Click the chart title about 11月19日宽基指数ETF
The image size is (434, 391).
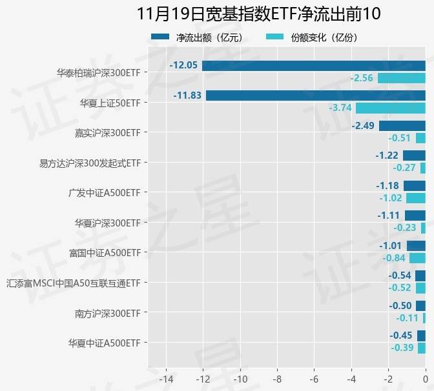coord(259,14)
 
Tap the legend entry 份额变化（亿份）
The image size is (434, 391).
coord(324,37)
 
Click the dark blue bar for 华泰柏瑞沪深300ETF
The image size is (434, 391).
coord(313,66)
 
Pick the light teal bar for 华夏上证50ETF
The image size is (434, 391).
coord(390,108)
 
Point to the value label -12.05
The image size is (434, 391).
coord(183,66)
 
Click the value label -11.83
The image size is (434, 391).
coord(187,95)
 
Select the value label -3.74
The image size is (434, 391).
coord(340,108)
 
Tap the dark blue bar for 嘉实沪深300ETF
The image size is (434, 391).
coord(402,125)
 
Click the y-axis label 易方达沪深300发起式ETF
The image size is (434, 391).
coord(90,163)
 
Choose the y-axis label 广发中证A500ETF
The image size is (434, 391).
coord(104,192)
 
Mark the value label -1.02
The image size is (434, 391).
coord(390,198)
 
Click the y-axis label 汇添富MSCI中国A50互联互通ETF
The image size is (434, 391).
coord(73,283)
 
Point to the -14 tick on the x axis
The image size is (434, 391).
coord(166,378)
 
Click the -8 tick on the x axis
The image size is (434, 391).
coord(277,378)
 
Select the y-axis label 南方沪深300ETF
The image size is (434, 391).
coord(107,313)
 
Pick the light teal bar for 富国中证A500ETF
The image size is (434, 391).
coord(417,258)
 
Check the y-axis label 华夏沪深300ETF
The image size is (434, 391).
coord(107,223)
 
